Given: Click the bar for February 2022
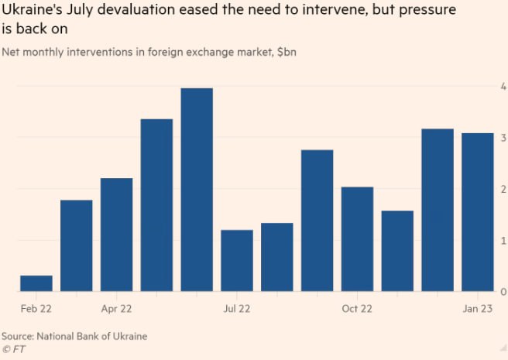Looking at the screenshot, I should (36, 283).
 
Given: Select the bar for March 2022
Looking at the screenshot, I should (77, 245).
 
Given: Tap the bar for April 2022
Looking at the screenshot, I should (116, 235).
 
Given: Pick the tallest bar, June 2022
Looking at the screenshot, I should (197, 190).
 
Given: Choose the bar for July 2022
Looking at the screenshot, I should (237, 260).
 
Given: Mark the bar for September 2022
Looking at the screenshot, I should (317, 221).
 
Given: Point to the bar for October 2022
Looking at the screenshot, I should (357, 239).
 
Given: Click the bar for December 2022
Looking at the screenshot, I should (437, 210).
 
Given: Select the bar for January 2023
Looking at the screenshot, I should (477, 212).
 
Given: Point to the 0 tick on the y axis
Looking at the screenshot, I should (503, 292).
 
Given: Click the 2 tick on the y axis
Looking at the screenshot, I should (503, 189).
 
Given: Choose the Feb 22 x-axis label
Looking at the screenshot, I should (36, 308).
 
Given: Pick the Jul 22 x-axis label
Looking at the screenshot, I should (237, 308).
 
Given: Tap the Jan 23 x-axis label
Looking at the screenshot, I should (477, 308).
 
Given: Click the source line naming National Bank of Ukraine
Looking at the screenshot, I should (74, 336).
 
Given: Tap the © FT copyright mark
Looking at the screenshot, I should (13, 349).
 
